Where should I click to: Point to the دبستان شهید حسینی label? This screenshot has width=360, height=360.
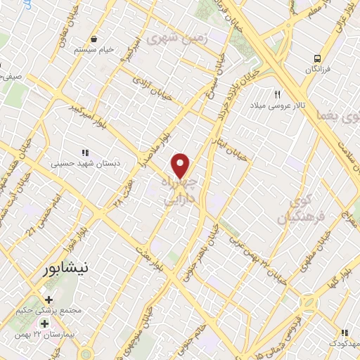pyautogui.click(x=86, y=162)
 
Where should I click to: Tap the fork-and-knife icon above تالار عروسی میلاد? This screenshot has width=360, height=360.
pyautogui.click(x=278, y=95)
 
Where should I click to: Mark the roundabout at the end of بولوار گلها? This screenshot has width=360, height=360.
pyautogui.click(x=310, y=304)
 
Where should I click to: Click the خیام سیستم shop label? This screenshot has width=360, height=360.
pyautogui.click(x=96, y=51)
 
